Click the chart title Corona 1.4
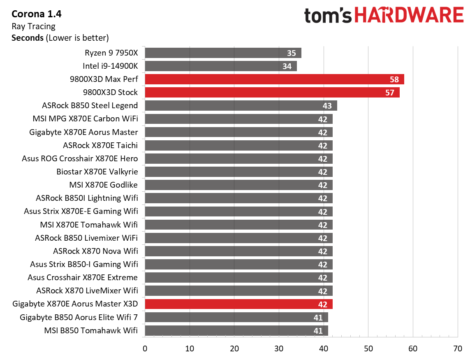(x=37, y=14)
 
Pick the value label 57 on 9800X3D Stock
(x=390, y=93)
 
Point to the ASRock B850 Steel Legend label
(x=90, y=106)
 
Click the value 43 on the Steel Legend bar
(x=327, y=106)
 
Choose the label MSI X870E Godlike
(x=103, y=185)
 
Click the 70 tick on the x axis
(x=457, y=348)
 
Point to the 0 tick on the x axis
(x=145, y=348)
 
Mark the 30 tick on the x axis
(x=279, y=348)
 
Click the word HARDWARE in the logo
(x=409, y=16)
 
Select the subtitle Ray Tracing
(x=33, y=26)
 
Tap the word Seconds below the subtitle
(x=27, y=38)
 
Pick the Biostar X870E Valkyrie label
(x=97, y=172)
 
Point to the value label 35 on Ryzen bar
(x=291, y=53)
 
